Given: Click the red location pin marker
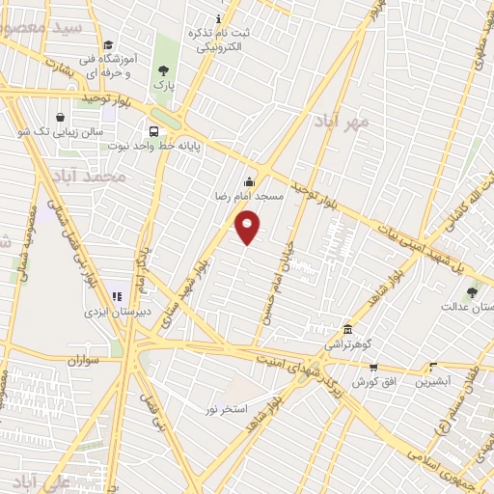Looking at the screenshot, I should pyautogui.click(x=248, y=227).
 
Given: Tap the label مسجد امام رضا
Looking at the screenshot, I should pyautogui.click(x=249, y=196).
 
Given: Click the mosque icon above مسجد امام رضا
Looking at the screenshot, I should pyautogui.click(x=249, y=181).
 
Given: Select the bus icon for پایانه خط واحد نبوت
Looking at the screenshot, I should pyautogui.click(x=152, y=132).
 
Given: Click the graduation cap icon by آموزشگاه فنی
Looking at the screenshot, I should pyautogui.click(x=109, y=45).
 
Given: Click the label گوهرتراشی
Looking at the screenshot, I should pyautogui.click(x=346, y=343).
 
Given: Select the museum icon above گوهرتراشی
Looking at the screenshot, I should pyautogui.click(x=347, y=329).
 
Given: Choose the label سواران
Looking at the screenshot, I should pyautogui.click(x=84, y=360).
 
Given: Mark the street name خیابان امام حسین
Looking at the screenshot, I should pyautogui.click(x=275, y=281).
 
